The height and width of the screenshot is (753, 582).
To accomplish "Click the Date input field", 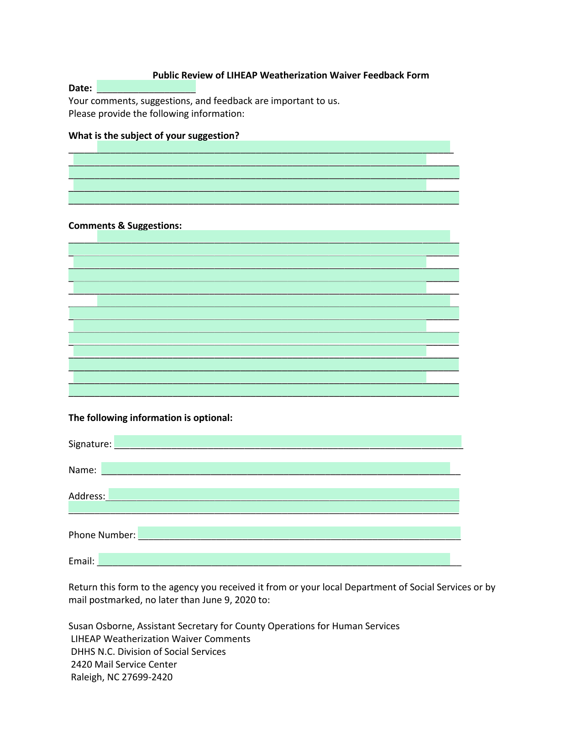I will point(146,86).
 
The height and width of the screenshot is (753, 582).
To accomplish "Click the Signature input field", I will point(288,442).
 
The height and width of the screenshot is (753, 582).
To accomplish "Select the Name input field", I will point(275,468).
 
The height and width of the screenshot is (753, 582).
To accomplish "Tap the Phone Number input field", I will point(299,533).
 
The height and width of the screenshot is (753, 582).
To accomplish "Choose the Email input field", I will point(274,559).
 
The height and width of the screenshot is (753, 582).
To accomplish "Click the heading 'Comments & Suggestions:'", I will point(125,226).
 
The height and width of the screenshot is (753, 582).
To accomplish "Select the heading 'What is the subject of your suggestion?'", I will point(154,136).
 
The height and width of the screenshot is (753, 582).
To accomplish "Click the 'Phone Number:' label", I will point(102,535).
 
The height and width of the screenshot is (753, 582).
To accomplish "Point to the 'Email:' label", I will point(81,561).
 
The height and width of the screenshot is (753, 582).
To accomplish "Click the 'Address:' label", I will point(87,496).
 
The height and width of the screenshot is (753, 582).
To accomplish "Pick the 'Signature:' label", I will point(90,444).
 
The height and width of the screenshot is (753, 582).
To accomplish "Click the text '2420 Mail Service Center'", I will point(124,664).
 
